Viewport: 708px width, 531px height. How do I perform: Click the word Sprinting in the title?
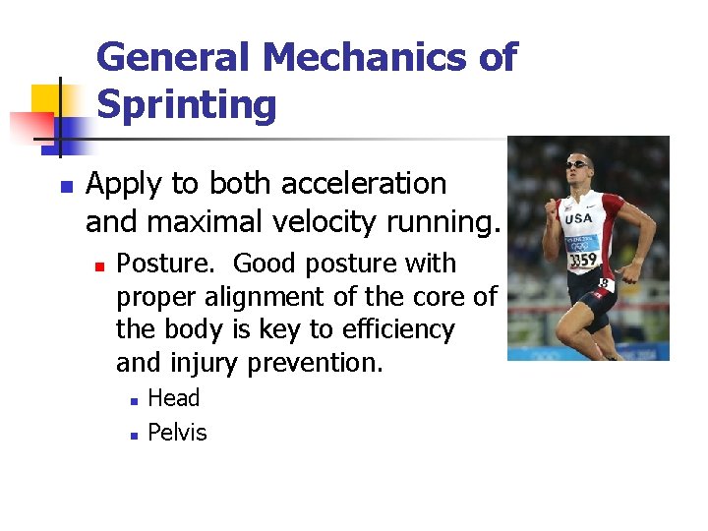(187, 105)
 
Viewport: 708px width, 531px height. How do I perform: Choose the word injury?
(207, 363)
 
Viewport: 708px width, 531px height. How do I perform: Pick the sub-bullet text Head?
(173, 398)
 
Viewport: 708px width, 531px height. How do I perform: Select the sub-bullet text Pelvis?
(177, 433)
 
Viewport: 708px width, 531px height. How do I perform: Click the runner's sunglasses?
(579, 164)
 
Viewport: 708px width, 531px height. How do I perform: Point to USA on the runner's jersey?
(579, 218)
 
